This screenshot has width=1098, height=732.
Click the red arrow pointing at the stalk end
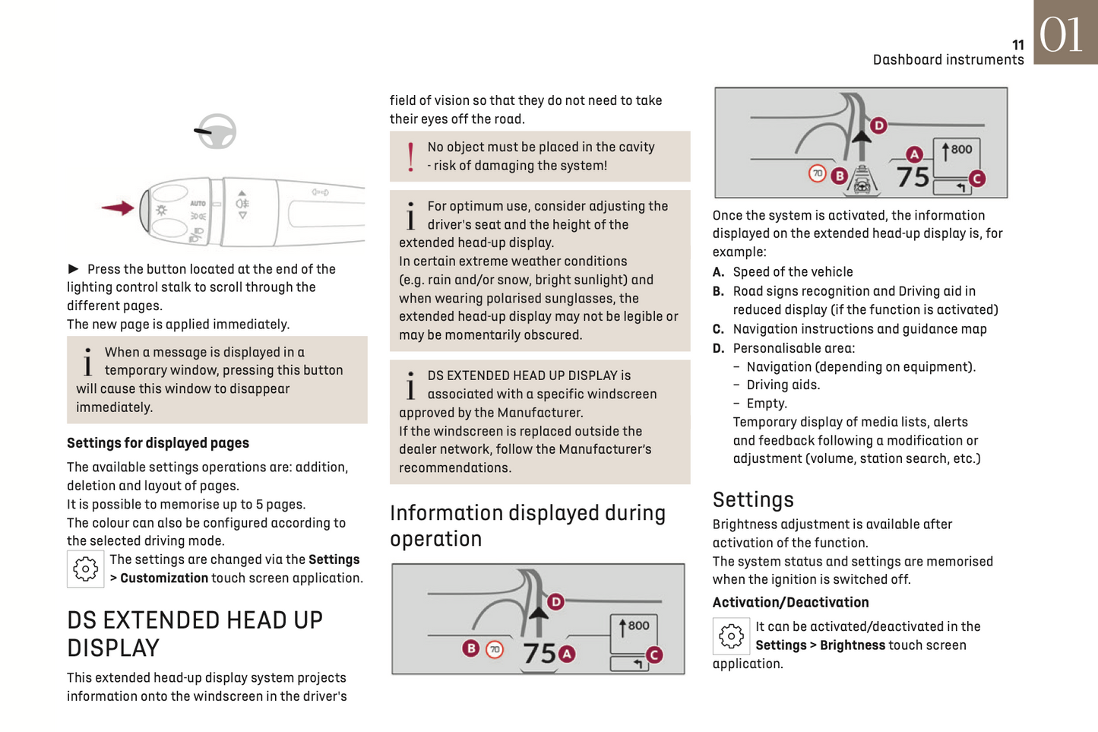click(x=118, y=208)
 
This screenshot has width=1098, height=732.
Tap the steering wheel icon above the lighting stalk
click(x=217, y=131)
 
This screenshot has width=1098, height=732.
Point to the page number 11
click(x=1017, y=46)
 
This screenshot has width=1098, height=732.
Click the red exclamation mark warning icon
click(x=411, y=157)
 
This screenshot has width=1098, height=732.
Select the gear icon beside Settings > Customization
click(x=85, y=569)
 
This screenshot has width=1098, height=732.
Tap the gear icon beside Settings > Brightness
click(x=731, y=635)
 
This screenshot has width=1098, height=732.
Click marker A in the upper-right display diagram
click(x=914, y=155)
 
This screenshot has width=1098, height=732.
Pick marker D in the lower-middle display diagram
click(x=555, y=602)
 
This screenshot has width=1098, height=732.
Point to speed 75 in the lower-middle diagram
click(x=540, y=653)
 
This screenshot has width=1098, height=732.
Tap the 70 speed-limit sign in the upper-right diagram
click(x=817, y=173)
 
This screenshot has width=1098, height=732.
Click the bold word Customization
click(x=163, y=578)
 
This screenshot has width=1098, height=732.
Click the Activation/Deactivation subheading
click(x=790, y=603)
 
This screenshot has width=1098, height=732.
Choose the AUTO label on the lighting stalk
click(x=198, y=204)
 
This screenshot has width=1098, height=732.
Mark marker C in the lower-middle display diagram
click(x=653, y=654)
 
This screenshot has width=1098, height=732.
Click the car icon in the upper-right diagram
click(x=862, y=183)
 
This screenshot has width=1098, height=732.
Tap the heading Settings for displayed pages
click(x=158, y=443)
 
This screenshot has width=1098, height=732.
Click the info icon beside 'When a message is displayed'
click(x=88, y=362)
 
